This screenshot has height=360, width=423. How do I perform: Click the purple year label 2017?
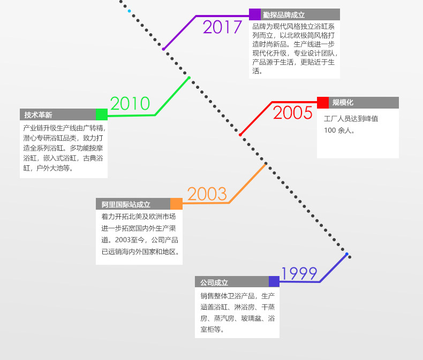(222, 27)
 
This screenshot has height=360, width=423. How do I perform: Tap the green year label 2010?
(130, 103)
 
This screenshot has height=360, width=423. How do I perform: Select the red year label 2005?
(292, 113)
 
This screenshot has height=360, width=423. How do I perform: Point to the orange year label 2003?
(207, 194)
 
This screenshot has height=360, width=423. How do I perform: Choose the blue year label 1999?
(299, 273)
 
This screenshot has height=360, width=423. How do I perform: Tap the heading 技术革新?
(38, 114)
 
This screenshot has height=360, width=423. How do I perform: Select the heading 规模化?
(343, 103)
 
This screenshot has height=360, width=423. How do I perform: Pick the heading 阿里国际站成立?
(126, 204)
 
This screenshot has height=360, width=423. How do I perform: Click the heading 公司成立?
(214, 282)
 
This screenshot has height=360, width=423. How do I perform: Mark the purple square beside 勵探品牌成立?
(255, 14)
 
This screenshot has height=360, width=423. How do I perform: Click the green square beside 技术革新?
(102, 114)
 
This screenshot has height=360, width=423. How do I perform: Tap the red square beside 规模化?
(323, 103)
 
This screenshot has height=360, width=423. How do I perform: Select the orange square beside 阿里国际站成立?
(176, 204)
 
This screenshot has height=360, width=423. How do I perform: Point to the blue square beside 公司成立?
(274, 282)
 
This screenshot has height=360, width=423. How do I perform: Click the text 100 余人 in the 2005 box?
(339, 130)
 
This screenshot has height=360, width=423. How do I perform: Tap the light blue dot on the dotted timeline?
(129, 11)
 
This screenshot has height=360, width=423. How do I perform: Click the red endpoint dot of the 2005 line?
(240, 134)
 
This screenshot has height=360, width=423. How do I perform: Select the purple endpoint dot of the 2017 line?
(164, 49)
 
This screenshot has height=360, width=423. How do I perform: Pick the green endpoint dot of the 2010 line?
(189, 78)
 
